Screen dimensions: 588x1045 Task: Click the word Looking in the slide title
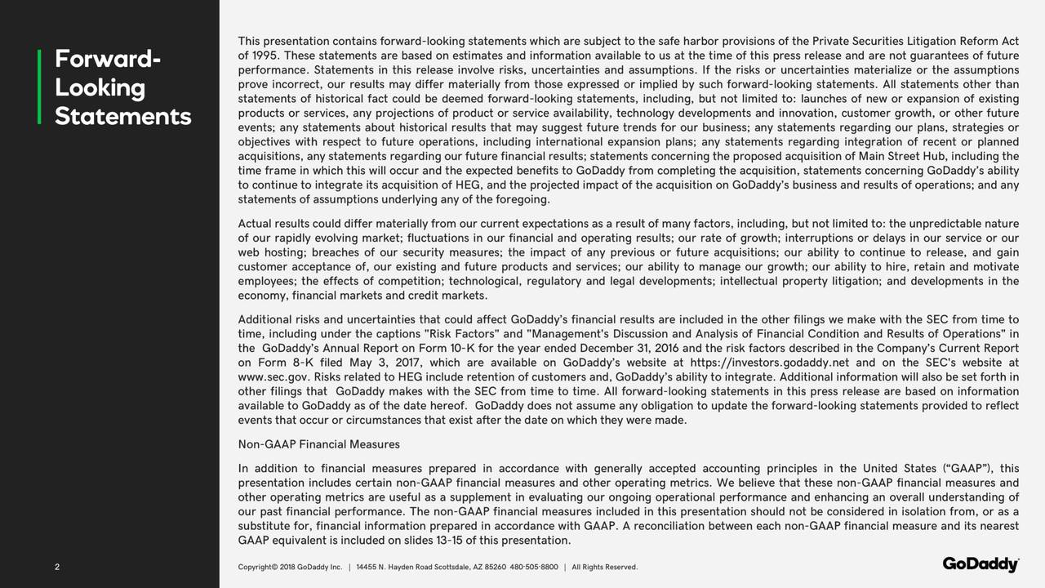(100, 88)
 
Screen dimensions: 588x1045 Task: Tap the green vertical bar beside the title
(39, 87)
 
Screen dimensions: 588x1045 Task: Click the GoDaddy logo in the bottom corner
(981, 565)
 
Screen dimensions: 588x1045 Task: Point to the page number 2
(57, 568)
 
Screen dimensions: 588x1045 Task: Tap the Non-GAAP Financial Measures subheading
(318, 444)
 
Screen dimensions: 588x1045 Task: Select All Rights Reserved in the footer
(605, 568)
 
